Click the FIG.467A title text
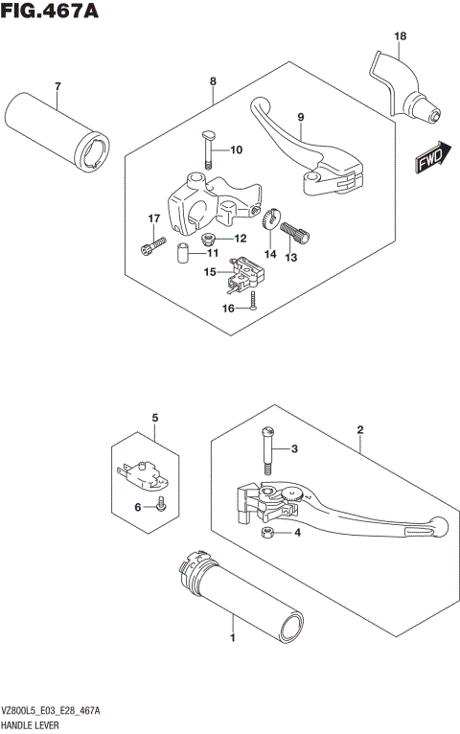51,12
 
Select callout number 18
400,36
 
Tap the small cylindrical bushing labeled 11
180,254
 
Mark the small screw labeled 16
251,302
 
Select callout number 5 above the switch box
152,419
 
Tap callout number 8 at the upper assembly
212,83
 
